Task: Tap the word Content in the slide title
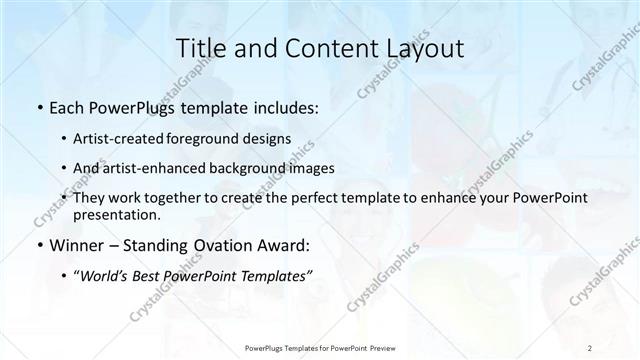coord(317,49)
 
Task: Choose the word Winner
coord(73,244)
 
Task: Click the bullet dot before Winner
coord(38,245)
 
